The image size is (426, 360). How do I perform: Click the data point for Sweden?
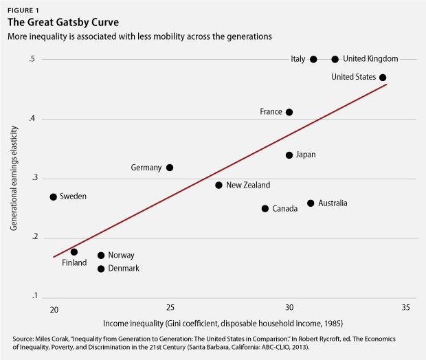[54, 197]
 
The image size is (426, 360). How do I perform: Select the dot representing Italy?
[313, 60]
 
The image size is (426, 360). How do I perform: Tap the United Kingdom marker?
[335, 60]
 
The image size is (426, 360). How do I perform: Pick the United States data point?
[383, 78]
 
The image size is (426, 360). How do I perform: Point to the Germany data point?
[170, 168]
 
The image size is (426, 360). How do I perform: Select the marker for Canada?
[265, 208]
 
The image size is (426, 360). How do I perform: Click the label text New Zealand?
[248, 185]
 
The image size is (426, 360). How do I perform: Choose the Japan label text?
[305, 155]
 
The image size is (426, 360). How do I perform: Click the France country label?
[271, 112]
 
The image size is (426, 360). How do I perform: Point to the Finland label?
[74, 263]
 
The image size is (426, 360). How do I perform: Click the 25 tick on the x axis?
[170, 307]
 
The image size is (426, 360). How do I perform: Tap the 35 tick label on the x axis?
[406, 307]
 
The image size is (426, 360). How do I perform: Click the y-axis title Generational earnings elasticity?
[15, 179]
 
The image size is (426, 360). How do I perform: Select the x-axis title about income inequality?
[221, 323]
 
